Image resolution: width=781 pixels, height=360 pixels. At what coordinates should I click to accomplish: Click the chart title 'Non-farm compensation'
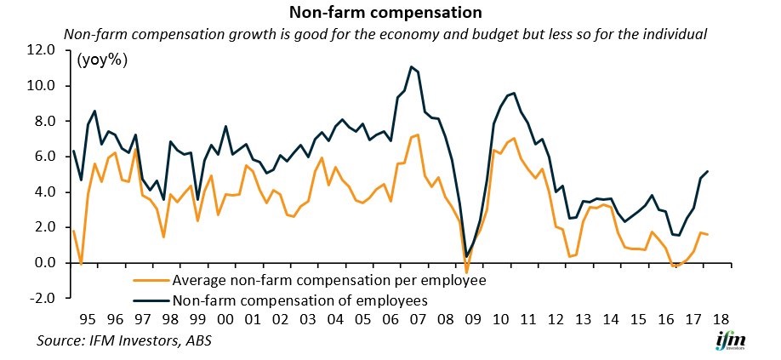click(x=385, y=13)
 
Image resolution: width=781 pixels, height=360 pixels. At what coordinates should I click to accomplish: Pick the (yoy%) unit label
click(x=101, y=60)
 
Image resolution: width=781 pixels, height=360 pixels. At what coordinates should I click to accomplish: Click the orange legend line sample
click(x=151, y=279)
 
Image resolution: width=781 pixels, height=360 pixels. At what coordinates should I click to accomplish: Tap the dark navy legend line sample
click(x=151, y=299)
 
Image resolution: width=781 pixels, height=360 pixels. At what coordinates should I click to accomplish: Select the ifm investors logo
click(x=729, y=342)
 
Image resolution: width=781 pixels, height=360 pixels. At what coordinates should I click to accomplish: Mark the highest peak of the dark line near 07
click(x=411, y=66)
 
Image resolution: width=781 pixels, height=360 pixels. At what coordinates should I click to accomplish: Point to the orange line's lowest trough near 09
click(x=466, y=272)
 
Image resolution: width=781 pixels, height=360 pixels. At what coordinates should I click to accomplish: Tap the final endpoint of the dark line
click(x=709, y=171)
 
